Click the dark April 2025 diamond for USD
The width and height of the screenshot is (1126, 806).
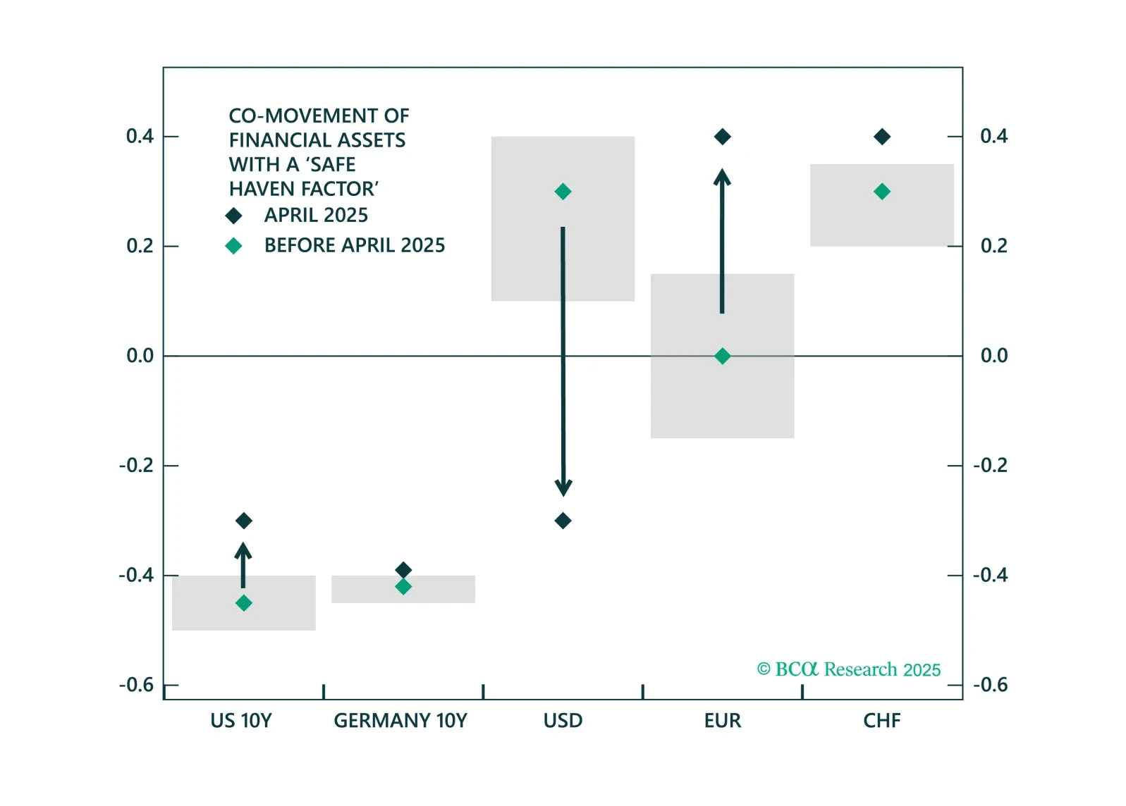(x=563, y=521)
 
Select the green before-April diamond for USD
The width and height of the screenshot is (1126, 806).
(x=563, y=192)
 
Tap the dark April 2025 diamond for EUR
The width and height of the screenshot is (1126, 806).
(x=722, y=137)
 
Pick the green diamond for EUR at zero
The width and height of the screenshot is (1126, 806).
(x=722, y=356)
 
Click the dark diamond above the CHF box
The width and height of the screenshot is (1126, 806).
(x=882, y=137)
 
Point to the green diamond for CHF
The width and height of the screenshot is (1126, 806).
(x=882, y=192)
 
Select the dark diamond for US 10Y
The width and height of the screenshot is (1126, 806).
(x=244, y=521)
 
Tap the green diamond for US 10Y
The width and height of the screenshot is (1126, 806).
(x=244, y=603)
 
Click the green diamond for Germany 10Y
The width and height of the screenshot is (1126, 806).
(x=403, y=587)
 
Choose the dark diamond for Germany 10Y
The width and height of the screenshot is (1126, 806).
(x=403, y=569)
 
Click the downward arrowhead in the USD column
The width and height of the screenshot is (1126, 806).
(x=563, y=487)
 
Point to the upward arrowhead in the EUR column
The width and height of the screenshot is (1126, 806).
(x=722, y=178)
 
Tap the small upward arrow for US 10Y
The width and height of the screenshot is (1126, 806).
(x=243, y=564)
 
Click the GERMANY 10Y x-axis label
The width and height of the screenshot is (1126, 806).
(x=400, y=721)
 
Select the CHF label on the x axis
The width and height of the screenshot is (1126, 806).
(x=882, y=721)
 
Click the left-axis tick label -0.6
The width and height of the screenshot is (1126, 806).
(x=136, y=685)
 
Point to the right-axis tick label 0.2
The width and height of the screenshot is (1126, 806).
(x=993, y=246)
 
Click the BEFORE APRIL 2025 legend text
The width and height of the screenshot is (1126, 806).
(x=355, y=245)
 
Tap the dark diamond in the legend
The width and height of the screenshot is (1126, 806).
(x=233, y=216)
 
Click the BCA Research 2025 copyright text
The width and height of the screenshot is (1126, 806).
(x=849, y=669)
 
